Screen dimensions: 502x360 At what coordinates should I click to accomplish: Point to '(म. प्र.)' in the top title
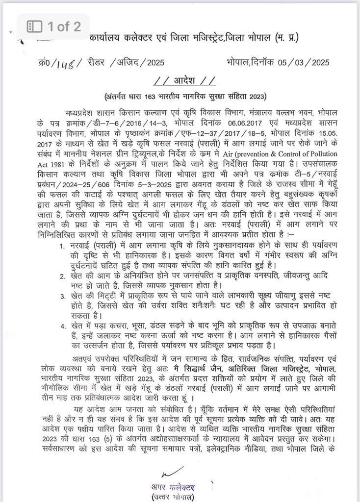click(282, 38)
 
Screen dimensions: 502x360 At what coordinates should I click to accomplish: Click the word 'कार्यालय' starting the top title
click(107, 38)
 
